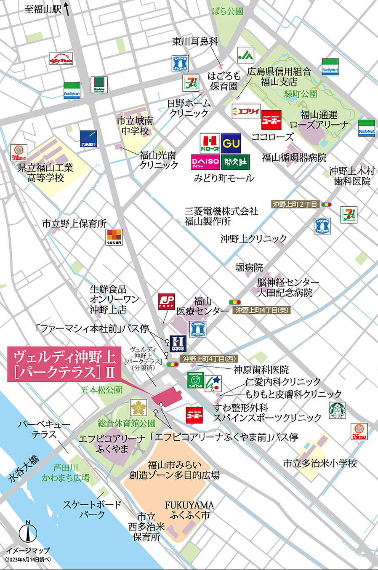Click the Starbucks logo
click(x=337, y=410)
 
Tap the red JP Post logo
click(x=166, y=302)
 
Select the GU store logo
click(x=231, y=143)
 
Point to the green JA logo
click(x=246, y=55)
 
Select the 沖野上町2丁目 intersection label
click(x=295, y=204)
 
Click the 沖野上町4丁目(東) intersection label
click(x=261, y=310)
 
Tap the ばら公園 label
click(x=227, y=11)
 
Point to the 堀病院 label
click(x=249, y=267)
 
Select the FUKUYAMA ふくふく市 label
click(x=189, y=510)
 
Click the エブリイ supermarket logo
click(x=246, y=112)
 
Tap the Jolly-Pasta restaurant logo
click(x=61, y=59)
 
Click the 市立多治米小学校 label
click(x=320, y=463)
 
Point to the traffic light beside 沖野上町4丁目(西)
click(x=172, y=365)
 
